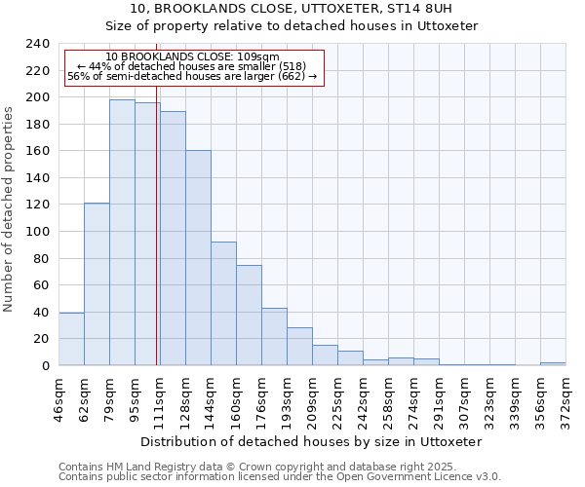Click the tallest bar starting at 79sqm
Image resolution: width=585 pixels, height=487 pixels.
click(122, 233)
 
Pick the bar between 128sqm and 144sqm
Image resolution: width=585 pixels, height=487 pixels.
click(198, 258)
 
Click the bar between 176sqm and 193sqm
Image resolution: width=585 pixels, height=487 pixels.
click(274, 337)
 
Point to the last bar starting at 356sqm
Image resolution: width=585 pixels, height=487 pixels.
click(553, 363)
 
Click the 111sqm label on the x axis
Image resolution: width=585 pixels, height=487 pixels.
click(160, 398)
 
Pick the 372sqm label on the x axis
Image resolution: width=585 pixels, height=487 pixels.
click(565, 398)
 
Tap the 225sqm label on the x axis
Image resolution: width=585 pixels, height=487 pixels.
click(337, 398)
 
